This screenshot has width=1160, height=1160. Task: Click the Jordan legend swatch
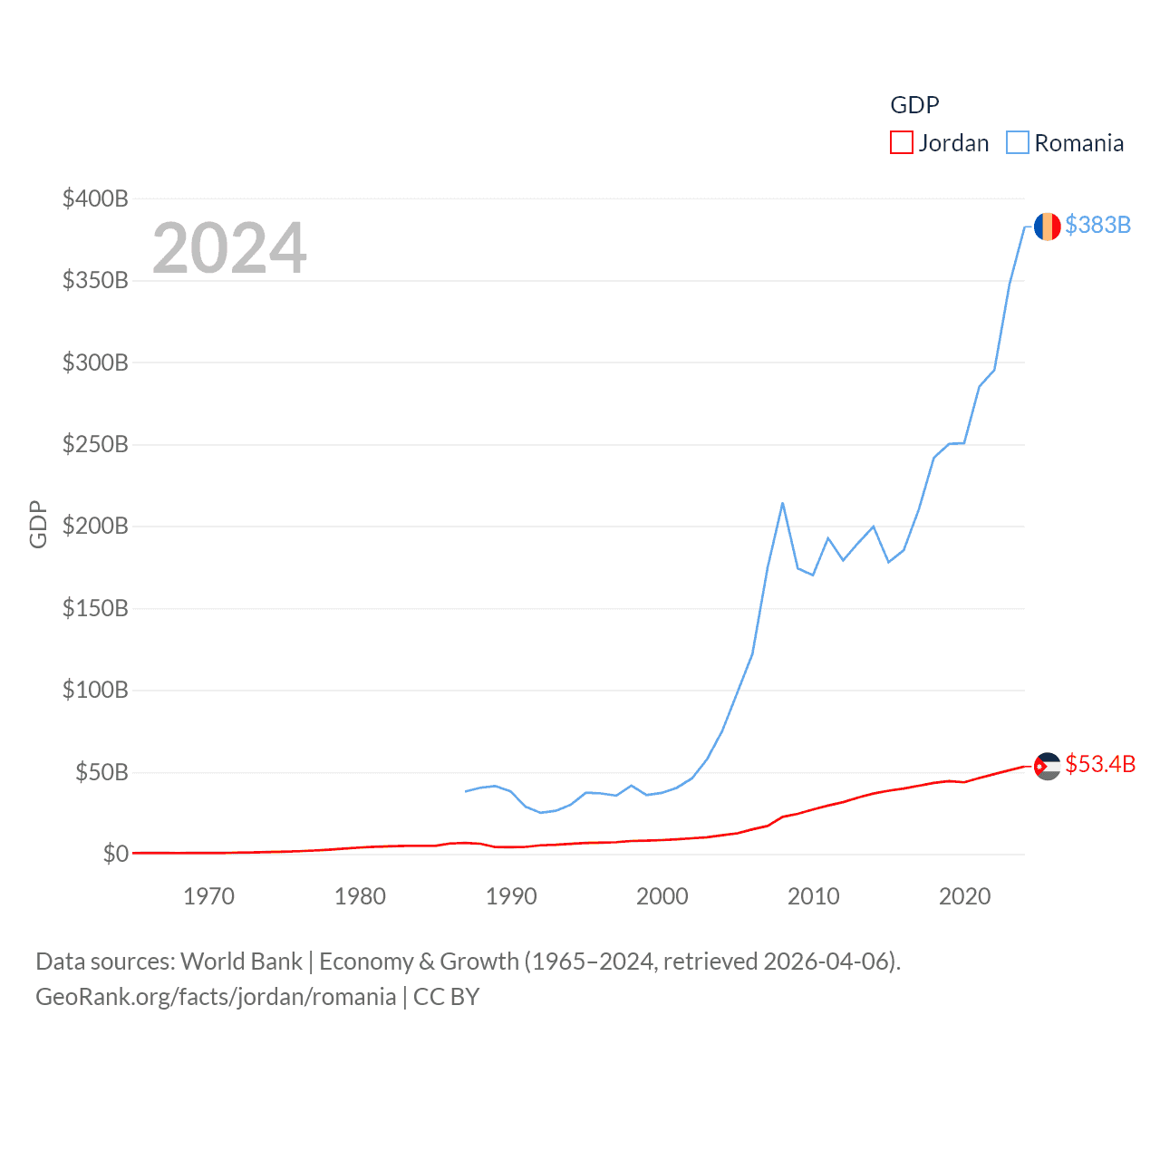pyautogui.click(x=901, y=143)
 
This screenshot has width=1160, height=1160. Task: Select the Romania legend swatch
pyautogui.click(x=1018, y=143)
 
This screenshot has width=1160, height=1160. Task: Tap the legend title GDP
pyautogui.click(x=914, y=105)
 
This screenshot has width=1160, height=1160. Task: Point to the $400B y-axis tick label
pyautogui.click(x=95, y=198)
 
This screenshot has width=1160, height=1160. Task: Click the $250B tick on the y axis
pyautogui.click(x=95, y=444)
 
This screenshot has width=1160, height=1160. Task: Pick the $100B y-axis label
pyautogui.click(x=95, y=690)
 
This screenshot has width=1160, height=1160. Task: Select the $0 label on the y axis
pyautogui.click(x=116, y=854)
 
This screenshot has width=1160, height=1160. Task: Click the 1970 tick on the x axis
pyautogui.click(x=208, y=896)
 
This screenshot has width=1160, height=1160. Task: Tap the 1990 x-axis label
pyautogui.click(x=511, y=896)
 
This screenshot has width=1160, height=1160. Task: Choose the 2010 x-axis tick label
pyautogui.click(x=814, y=896)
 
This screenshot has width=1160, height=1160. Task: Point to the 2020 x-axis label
pyautogui.click(x=964, y=896)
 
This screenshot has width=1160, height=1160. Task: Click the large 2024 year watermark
pyautogui.click(x=229, y=248)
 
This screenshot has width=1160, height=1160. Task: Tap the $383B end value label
pyautogui.click(x=1097, y=225)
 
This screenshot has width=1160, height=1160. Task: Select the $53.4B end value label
pyautogui.click(x=1100, y=764)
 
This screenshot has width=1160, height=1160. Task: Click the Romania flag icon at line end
pyautogui.click(x=1047, y=227)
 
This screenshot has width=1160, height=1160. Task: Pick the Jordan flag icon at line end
pyautogui.click(x=1047, y=767)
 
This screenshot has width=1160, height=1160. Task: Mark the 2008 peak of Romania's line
pyautogui.click(x=782, y=503)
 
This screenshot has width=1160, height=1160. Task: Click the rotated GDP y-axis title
pyautogui.click(x=38, y=524)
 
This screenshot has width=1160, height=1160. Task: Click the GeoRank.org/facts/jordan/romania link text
pyautogui.click(x=216, y=997)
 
